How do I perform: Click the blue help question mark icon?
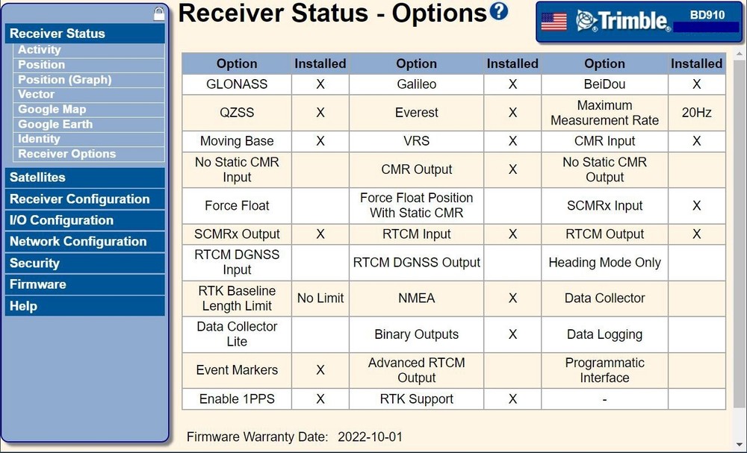pos(499,11)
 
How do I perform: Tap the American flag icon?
pos(554,22)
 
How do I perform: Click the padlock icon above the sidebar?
pos(159,13)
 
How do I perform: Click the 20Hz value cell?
pos(696,113)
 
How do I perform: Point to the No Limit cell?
pos(320,299)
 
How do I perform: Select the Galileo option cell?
pos(416,84)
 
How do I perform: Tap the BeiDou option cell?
pos(604,84)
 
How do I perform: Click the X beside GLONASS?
pos(320,84)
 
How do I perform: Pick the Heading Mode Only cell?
pos(604,263)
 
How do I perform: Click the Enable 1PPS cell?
pos(237,399)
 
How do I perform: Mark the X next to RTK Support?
pos(512,399)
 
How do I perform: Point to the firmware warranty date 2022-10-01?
pos(370,437)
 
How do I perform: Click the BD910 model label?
pos(707,15)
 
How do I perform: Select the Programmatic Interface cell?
pos(604,370)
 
